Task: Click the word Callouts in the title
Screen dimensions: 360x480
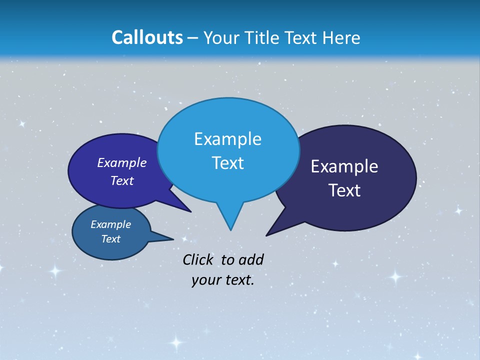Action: point(147,37)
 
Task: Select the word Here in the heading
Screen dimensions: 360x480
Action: point(341,37)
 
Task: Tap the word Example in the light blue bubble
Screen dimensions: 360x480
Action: point(227,139)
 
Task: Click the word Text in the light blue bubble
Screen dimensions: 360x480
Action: point(227,163)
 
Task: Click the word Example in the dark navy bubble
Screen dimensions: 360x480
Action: point(344,166)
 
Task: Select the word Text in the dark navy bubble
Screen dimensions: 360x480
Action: point(344,190)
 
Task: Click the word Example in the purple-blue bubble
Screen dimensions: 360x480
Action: point(122,162)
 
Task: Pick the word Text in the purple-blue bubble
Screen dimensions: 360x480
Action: point(122,180)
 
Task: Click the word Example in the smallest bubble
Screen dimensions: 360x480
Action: point(110,224)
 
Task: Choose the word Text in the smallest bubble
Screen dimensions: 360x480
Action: point(110,239)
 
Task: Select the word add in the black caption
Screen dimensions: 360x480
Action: point(251,259)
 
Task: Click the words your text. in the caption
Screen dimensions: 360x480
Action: point(223,280)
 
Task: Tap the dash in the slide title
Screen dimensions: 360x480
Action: point(193,37)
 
